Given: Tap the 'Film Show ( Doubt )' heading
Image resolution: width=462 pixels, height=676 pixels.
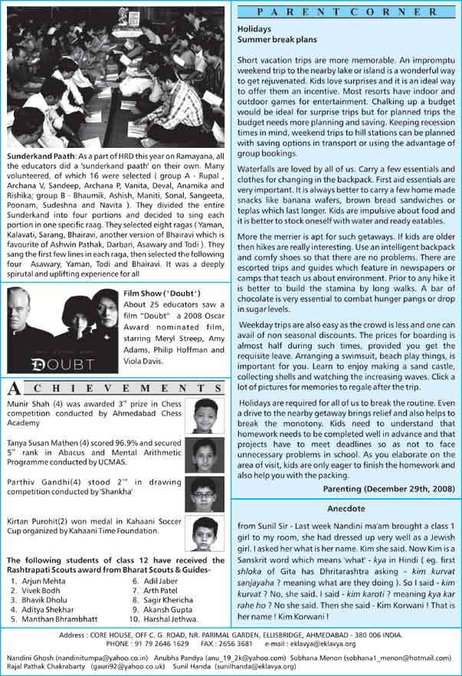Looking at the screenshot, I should (162, 293).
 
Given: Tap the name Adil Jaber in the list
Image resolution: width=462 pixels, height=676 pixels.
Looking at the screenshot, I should (161, 582).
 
